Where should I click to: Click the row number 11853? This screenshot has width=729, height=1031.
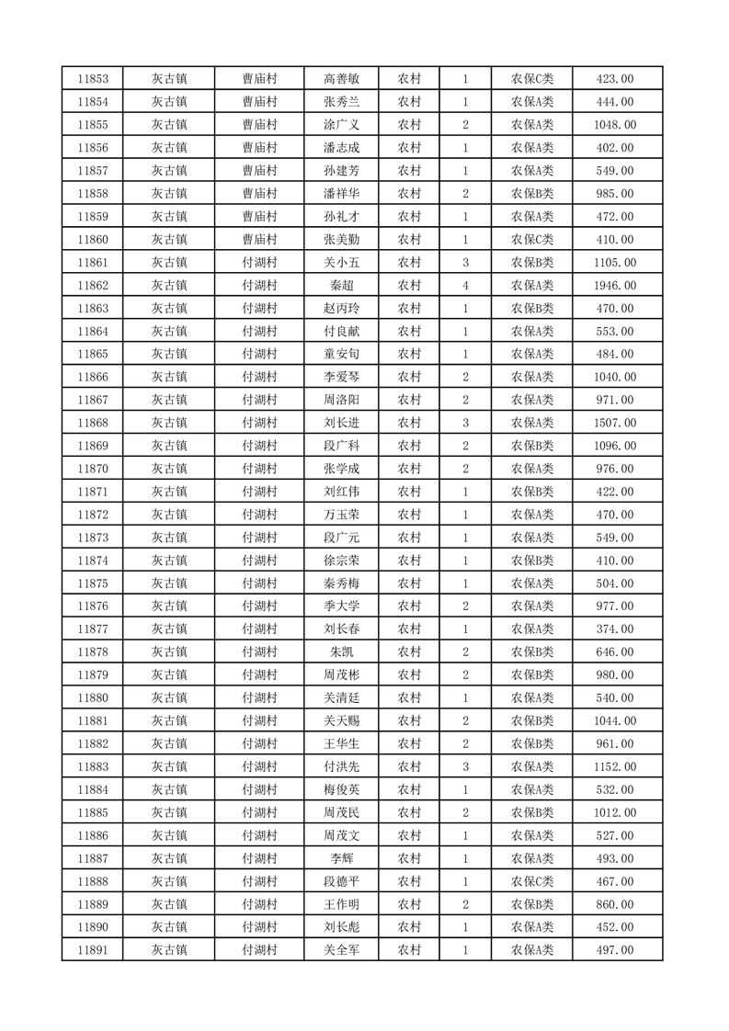tap(94, 79)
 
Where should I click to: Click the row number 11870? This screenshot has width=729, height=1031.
tap(94, 469)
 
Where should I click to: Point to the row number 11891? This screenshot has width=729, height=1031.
tap(94, 950)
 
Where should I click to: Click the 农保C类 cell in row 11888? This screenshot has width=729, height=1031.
tap(532, 881)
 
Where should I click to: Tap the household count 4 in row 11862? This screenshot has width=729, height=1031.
tap(466, 286)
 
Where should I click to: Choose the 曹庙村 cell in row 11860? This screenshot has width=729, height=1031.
tap(259, 240)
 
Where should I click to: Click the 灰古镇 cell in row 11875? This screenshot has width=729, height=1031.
tap(169, 583)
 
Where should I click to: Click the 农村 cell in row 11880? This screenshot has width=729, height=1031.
tap(409, 697)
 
